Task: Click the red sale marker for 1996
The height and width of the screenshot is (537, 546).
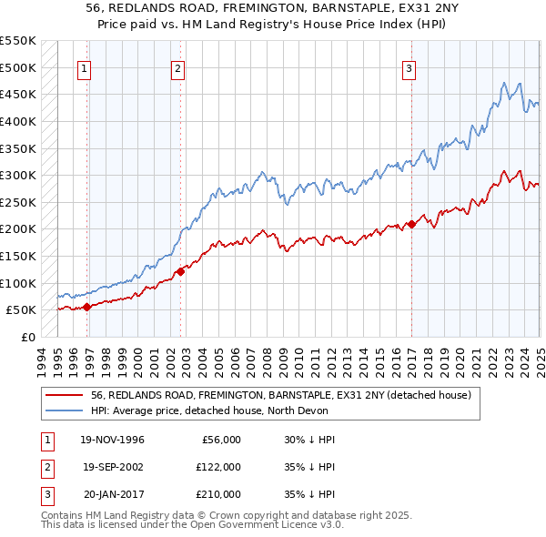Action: [87, 307]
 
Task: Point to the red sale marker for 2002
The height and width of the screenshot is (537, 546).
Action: [181, 270]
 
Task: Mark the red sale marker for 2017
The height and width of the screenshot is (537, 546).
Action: [411, 223]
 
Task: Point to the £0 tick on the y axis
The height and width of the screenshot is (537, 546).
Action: [27, 337]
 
